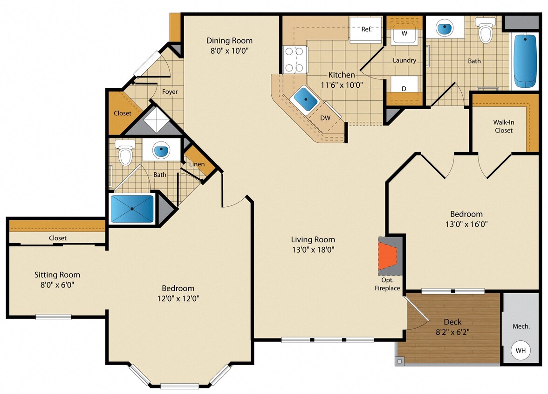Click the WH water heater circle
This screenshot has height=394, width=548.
coord(521,350)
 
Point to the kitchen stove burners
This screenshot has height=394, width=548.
coord(294,60)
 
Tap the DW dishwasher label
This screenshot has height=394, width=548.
coord(325,118)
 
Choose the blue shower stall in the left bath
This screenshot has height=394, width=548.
coord(132,209)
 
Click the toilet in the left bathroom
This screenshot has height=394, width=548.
coord(125,155)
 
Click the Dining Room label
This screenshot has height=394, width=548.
coord(229,41)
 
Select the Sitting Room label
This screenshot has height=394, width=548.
coord(57,275)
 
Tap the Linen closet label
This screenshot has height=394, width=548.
coord(197,164)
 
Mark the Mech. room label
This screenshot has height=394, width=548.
coord(521,326)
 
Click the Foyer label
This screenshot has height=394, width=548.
coord(170,92)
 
